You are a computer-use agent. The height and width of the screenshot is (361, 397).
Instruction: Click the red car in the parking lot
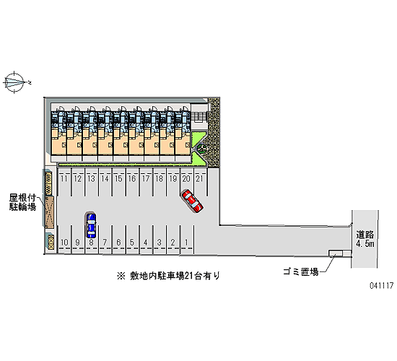point(192,201)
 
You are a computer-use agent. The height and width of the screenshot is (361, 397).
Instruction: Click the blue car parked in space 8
point(91,225)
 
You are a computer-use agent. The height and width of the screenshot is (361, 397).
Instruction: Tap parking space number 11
point(64,182)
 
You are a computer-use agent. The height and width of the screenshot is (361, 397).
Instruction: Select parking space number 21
point(200,182)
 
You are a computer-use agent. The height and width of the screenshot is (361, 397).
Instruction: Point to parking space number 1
point(187,240)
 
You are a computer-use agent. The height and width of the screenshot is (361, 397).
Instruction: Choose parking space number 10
point(64,240)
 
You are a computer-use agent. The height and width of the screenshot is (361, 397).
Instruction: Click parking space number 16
point(132,182)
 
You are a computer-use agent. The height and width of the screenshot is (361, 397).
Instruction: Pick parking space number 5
point(132,240)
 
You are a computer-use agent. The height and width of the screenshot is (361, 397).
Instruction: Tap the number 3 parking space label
point(160,243)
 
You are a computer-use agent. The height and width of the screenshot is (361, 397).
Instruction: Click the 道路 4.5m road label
point(365,239)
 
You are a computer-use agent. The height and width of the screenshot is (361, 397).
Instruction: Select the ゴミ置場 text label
point(300,271)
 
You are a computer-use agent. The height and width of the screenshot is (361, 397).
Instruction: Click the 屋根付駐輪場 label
point(22,202)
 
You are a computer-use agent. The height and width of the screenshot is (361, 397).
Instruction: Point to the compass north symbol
point(16,82)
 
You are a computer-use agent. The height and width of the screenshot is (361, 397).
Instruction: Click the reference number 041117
point(382,285)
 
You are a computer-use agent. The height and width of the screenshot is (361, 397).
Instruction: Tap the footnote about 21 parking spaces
point(168,276)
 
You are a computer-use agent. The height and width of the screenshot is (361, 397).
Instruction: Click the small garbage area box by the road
point(336,253)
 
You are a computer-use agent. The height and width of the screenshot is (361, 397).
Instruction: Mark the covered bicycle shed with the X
point(50,212)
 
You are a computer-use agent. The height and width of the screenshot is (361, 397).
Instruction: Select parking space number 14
point(105,182)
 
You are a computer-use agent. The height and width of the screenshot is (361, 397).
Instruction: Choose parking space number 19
point(173,182)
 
